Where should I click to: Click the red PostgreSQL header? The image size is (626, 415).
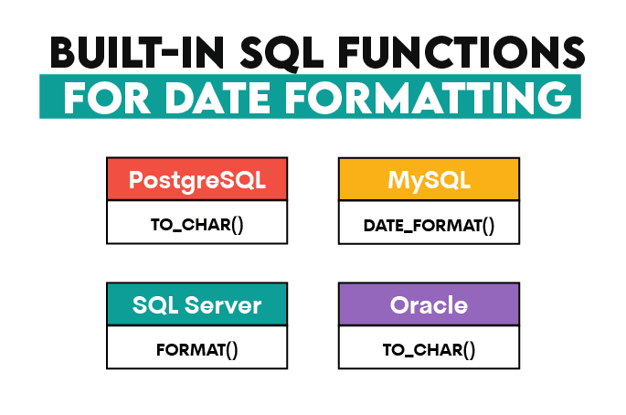196,179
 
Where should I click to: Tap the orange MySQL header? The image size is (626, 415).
429,179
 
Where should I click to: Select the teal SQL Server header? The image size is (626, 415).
196,304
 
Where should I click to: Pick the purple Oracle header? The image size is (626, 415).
429,304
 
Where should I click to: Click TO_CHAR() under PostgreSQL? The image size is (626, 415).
196,223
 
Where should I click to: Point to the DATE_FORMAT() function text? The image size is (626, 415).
429,223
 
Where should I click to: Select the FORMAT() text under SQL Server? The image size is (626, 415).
196,348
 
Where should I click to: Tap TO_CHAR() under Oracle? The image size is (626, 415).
429,348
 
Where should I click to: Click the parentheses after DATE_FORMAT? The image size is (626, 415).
487,223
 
